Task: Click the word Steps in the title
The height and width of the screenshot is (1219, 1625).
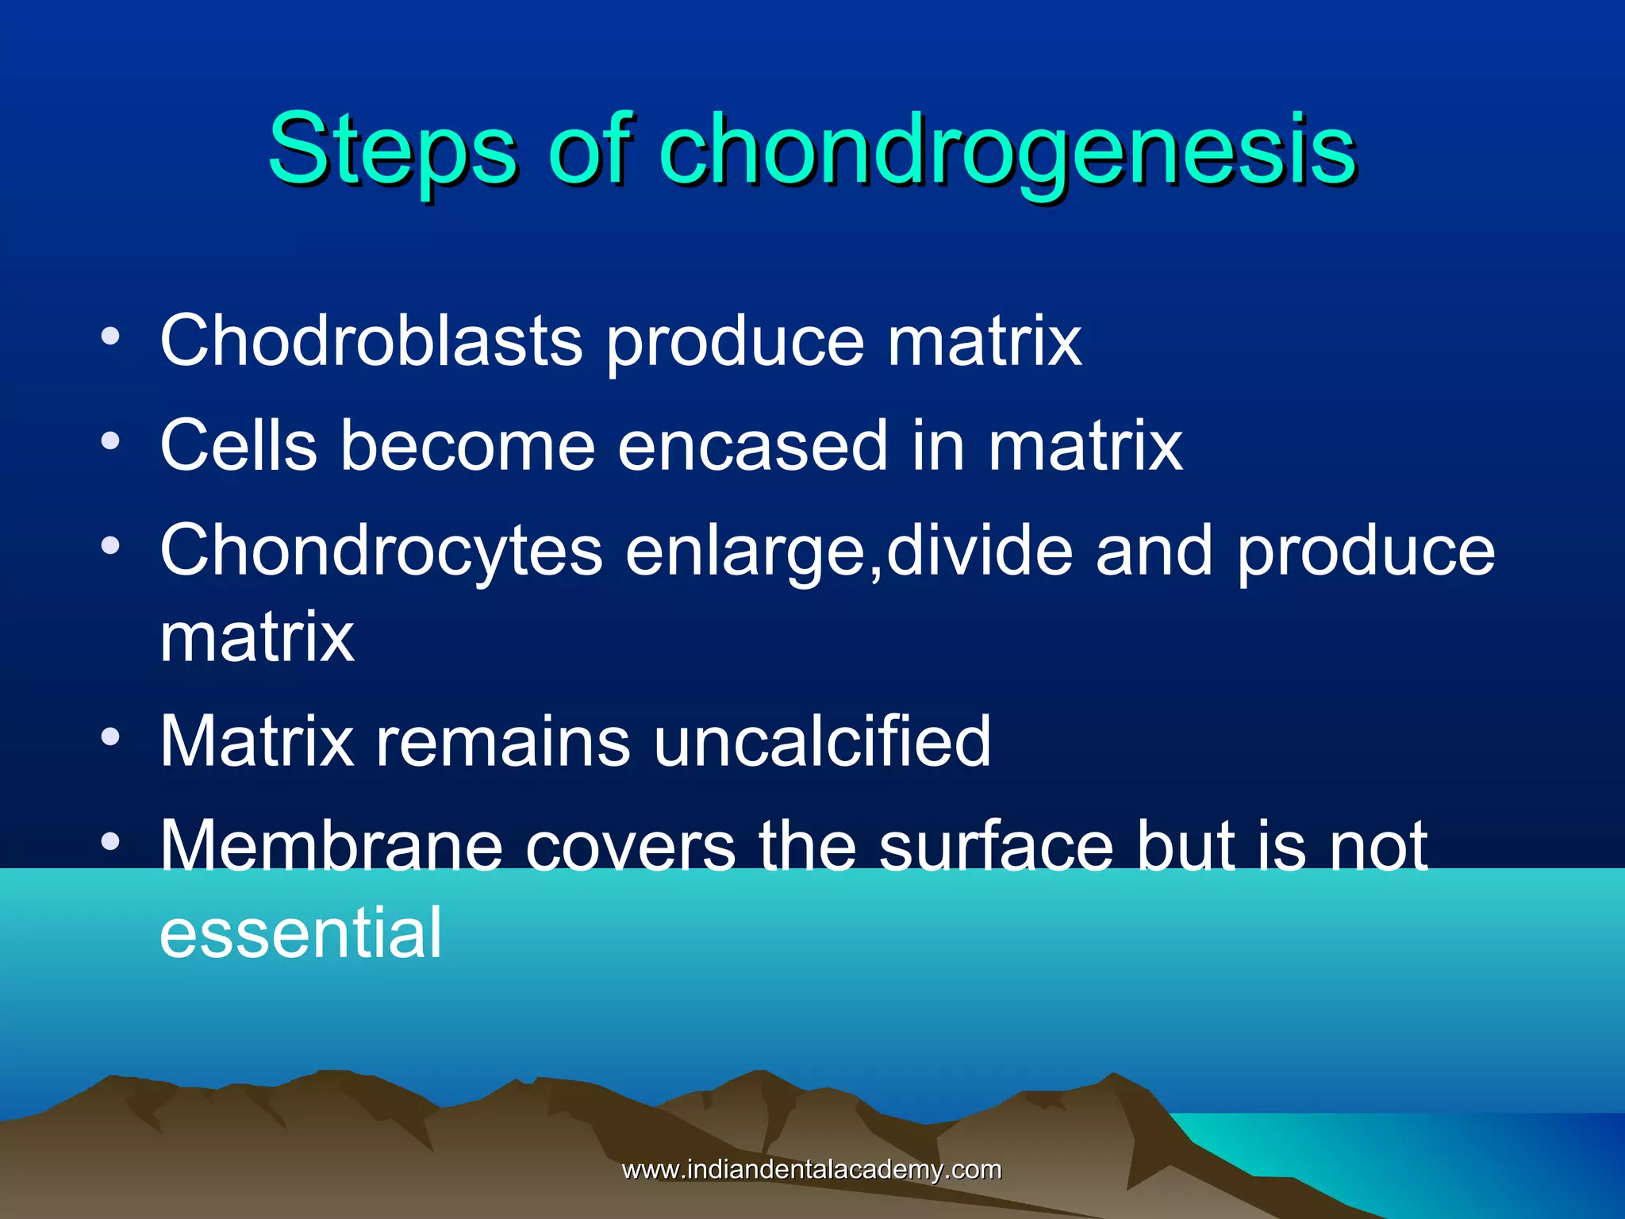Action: point(392,149)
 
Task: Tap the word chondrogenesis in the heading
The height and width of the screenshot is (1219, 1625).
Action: point(1008,149)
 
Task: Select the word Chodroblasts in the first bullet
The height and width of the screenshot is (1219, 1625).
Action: point(371,341)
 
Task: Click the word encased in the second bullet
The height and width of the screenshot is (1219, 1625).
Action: point(752,446)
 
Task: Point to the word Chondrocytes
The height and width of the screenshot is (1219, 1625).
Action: point(381,551)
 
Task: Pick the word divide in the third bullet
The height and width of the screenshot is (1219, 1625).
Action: point(979,551)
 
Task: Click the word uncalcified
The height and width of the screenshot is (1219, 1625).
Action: point(822,741)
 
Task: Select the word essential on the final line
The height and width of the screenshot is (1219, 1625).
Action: point(300,933)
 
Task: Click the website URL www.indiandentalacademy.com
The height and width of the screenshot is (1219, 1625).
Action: point(811,1170)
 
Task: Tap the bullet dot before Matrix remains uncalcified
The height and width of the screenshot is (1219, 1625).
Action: point(111,737)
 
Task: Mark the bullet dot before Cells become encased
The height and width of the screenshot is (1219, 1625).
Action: point(111,441)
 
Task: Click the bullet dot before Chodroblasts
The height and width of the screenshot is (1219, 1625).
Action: point(111,336)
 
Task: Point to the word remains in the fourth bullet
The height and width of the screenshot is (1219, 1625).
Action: point(502,741)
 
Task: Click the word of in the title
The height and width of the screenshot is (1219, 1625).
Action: point(590,149)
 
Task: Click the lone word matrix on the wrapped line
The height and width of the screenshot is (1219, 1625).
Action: point(256,636)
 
